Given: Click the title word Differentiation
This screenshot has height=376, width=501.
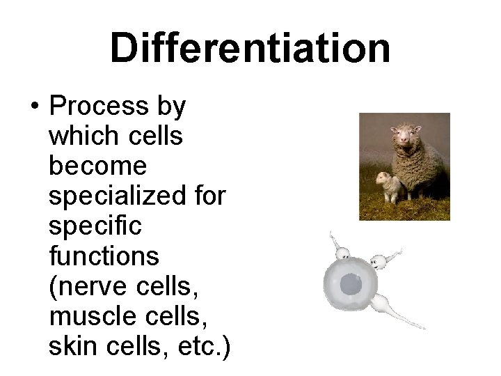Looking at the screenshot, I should [x=250, y=48].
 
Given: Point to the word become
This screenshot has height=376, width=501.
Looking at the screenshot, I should [x=97, y=166].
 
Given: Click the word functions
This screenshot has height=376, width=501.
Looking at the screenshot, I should [x=104, y=256].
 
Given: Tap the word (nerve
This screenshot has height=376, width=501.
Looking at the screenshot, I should [x=83, y=286].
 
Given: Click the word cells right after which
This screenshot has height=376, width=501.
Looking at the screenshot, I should [x=157, y=136].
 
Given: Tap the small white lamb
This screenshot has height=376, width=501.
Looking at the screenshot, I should [x=388, y=186].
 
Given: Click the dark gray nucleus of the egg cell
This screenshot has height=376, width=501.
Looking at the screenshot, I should [x=351, y=283].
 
